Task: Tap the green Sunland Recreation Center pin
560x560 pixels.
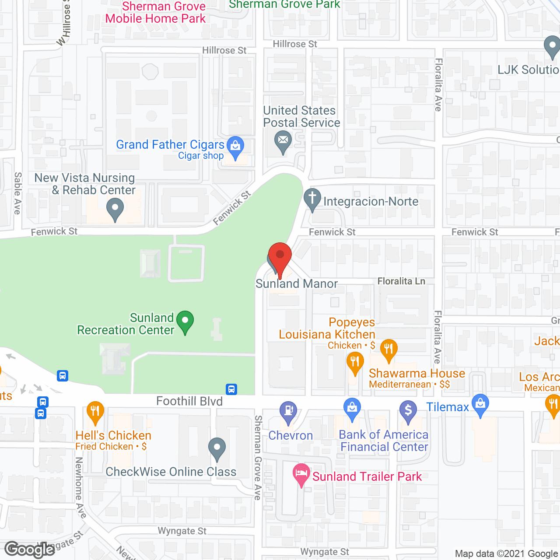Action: [185, 322]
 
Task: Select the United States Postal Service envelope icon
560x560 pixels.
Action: [283, 141]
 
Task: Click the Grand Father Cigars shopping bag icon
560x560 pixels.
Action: [236, 147]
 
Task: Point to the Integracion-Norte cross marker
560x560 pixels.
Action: [312, 199]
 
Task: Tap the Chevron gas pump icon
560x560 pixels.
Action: [288, 412]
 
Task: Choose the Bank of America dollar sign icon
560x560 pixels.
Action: [408, 411]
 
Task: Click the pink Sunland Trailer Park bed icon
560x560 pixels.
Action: [301, 474]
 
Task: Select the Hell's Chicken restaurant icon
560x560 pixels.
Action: [95, 412]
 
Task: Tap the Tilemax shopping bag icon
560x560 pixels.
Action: [480, 405]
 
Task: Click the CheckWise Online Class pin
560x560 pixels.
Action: [217, 448]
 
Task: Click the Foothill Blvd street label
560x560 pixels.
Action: [189, 401]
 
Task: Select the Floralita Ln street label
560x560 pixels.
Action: [401, 281]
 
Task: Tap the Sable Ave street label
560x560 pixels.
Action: [17, 193]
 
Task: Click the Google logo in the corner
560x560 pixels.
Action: [30, 549]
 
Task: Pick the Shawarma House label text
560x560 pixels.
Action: [416, 373]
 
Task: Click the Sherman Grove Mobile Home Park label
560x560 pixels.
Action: [156, 12]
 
